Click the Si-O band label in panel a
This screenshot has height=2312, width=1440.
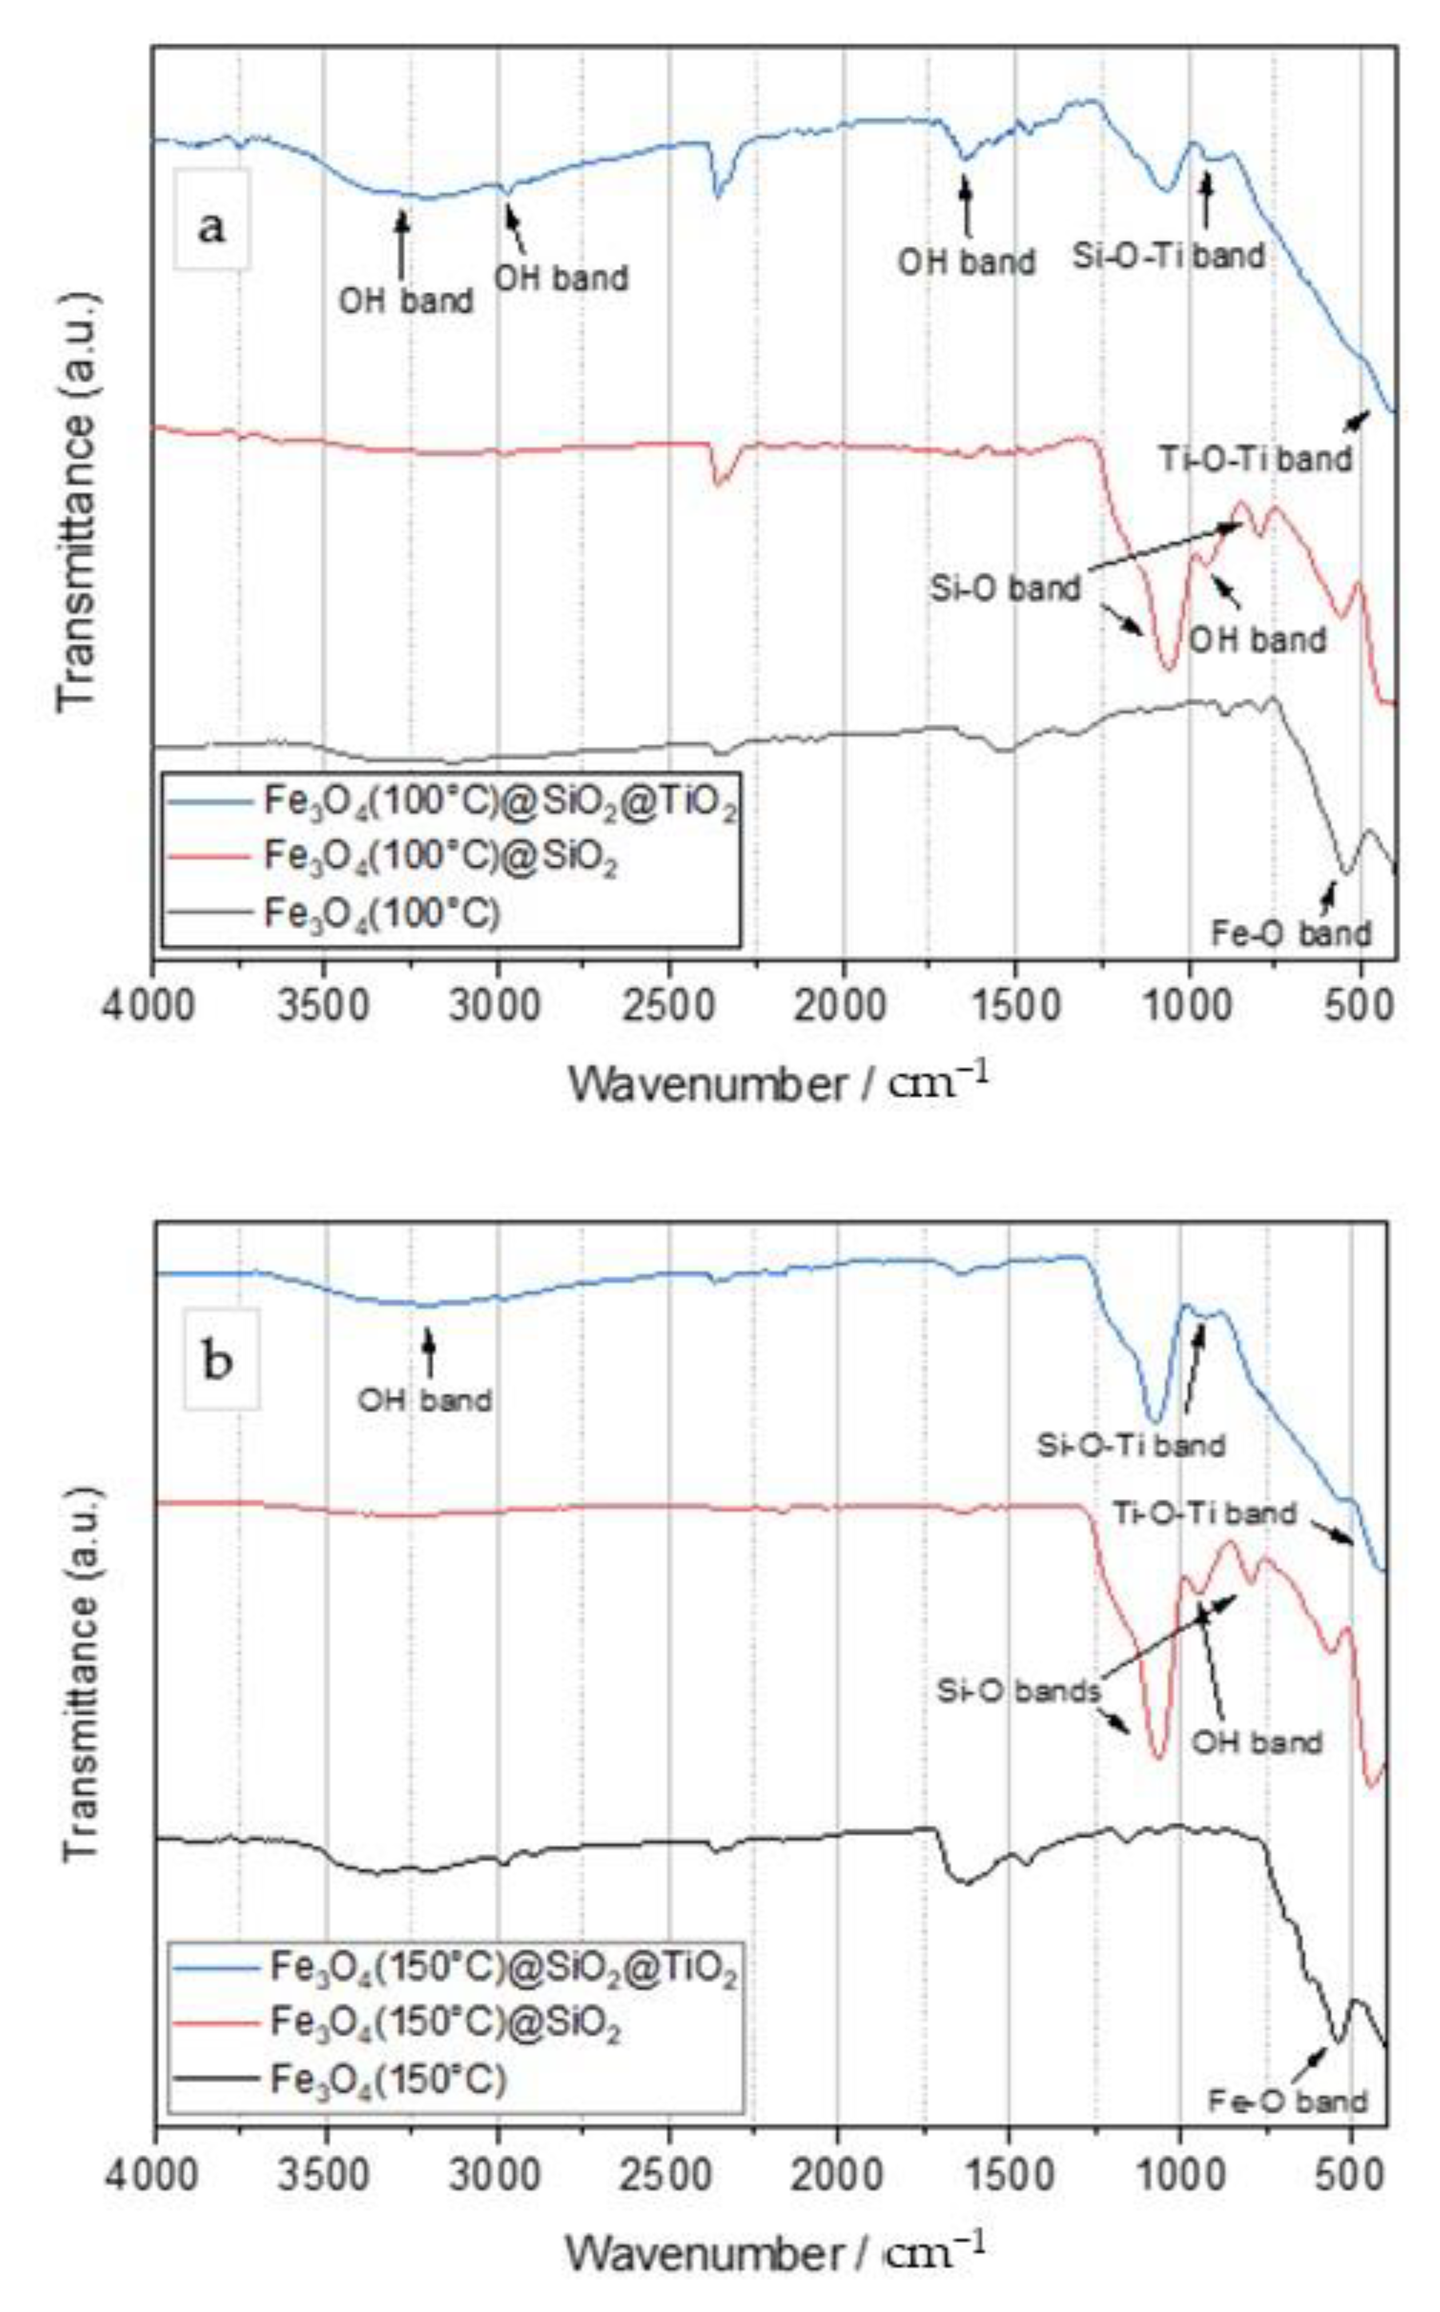pos(1006,589)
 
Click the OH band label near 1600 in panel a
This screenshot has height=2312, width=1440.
pos(967,261)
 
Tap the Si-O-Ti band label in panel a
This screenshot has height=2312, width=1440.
pos(1169,255)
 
